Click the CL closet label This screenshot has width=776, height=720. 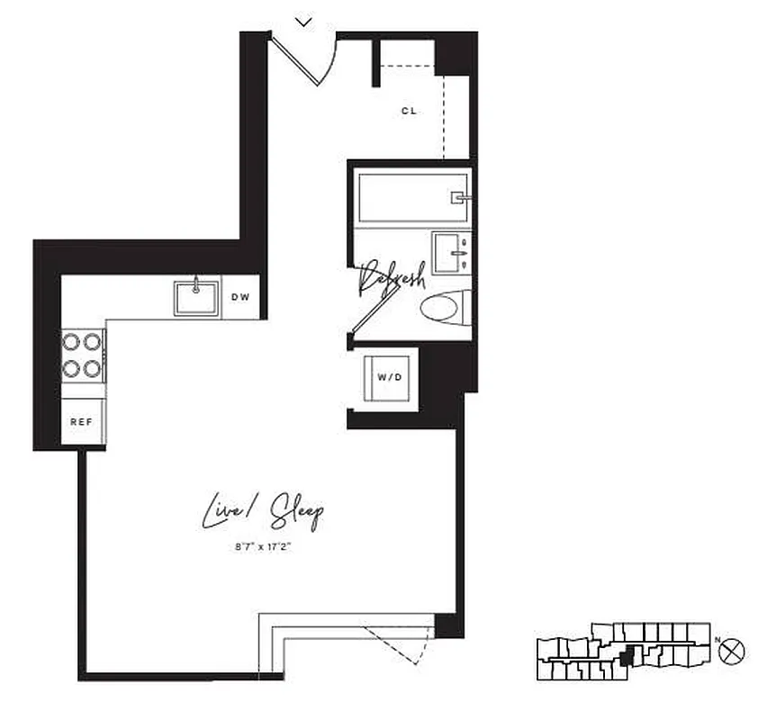click(409, 112)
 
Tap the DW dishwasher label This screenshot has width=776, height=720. click(240, 297)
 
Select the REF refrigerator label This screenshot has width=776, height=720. click(82, 420)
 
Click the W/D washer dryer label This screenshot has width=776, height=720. click(390, 377)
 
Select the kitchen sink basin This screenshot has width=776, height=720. click(196, 297)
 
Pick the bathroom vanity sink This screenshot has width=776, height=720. click(452, 253)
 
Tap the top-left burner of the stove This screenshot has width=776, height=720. click(70, 342)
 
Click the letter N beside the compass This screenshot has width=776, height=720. click(718, 641)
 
